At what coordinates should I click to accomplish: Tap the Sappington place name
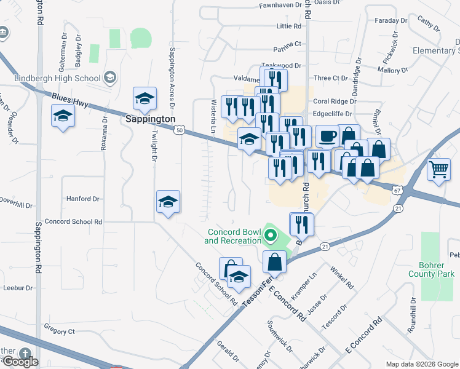pos(151,118)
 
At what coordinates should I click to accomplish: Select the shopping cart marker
pos(438,168)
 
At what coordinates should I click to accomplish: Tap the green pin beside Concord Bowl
pos(269,235)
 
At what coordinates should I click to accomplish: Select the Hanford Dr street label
pos(83,199)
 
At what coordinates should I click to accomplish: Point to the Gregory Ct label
pos(59,331)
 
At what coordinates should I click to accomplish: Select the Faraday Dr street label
pos(392,20)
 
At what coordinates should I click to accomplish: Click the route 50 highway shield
pos(179,130)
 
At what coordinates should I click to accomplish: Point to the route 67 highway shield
pos(397,191)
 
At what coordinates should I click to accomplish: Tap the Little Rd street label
pos(289,26)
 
